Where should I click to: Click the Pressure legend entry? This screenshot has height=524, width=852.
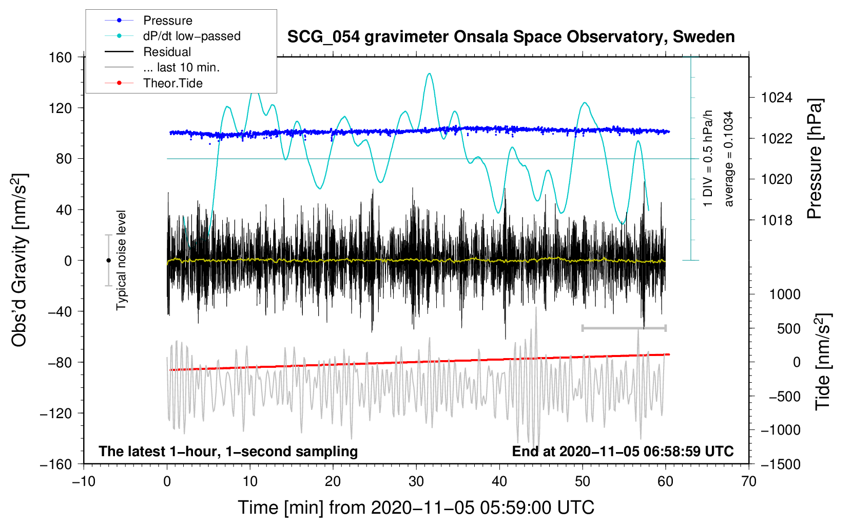(x=167, y=21)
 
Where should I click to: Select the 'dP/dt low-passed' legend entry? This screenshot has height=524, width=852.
(x=191, y=36)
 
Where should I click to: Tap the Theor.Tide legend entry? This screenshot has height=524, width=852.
(x=172, y=83)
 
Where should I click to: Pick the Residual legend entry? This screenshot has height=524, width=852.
(x=167, y=52)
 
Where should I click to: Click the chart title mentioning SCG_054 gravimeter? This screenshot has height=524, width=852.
(x=511, y=37)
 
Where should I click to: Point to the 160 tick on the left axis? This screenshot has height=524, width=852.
(x=61, y=57)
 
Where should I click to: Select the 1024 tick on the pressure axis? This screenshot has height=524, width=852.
(x=777, y=98)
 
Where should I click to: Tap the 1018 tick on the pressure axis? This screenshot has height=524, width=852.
(x=777, y=220)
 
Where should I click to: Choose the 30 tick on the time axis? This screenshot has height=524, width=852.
(x=416, y=481)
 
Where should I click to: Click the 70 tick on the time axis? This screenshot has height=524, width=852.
(x=749, y=481)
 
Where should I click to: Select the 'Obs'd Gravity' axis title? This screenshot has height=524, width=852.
(x=20, y=260)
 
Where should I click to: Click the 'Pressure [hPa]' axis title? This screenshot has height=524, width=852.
(x=815, y=159)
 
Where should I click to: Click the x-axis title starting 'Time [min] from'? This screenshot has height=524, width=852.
(x=416, y=508)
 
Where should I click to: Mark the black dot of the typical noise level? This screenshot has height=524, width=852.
(x=108, y=260)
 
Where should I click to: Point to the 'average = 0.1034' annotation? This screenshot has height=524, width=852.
(x=729, y=159)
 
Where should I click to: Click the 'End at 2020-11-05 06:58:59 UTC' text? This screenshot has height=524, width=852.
(x=623, y=452)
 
